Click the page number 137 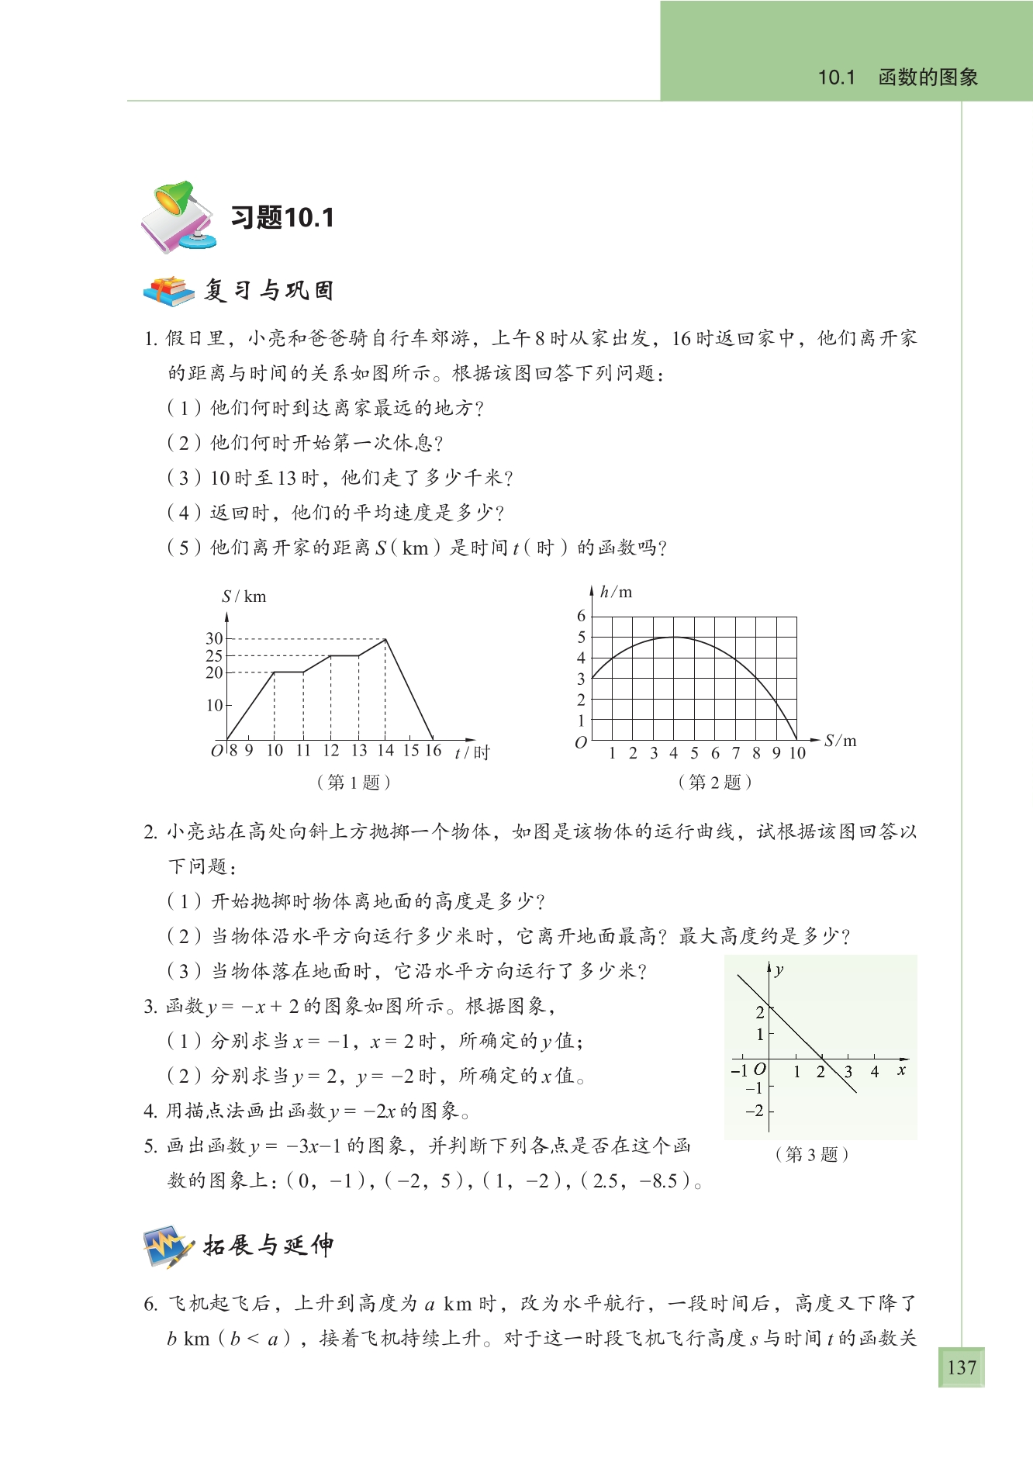coord(961,1367)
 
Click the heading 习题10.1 coord(282,218)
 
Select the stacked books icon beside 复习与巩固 coord(168,291)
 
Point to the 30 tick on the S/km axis coord(214,638)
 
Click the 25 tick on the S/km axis coord(214,655)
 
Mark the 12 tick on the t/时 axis coord(331,750)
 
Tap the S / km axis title coord(244,596)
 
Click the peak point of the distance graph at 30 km coord(385,639)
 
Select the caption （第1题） coord(354,782)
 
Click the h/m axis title coord(616,592)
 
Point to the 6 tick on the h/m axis coord(581,616)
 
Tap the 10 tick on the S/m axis coord(797,752)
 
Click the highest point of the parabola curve coord(674,637)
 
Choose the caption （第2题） coord(714,782)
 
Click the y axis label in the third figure coord(779,969)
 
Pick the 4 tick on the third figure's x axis coord(875,1072)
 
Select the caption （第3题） coord(811,1154)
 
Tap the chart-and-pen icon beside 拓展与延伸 coord(168,1246)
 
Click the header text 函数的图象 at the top coord(928,78)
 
